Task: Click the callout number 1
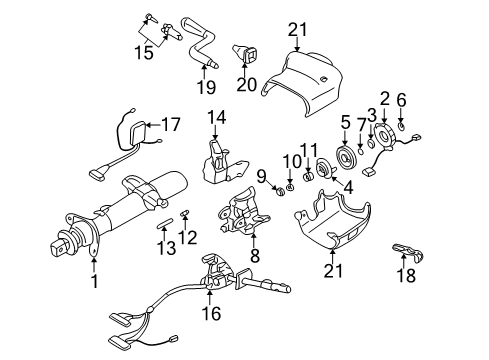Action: click(94, 282)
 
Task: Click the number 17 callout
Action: click(171, 126)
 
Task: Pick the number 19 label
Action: click(205, 86)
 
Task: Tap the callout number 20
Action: click(245, 84)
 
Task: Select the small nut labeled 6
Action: click(401, 127)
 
